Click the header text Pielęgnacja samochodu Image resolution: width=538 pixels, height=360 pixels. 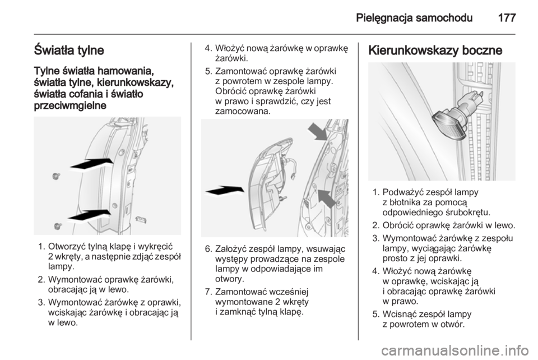coord(414,18)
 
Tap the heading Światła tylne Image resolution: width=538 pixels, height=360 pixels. coord(69,50)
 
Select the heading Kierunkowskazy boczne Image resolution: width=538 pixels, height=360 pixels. coord(435,50)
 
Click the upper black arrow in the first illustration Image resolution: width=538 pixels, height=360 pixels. coord(91,164)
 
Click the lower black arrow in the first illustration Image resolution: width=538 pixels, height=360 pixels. coord(89,215)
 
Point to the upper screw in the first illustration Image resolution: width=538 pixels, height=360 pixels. coord(56,177)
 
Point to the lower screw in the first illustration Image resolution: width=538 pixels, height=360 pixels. coord(58,227)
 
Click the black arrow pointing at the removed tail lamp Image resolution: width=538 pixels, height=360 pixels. coord(225,191)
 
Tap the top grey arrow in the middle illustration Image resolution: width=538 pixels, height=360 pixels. coord(318,132)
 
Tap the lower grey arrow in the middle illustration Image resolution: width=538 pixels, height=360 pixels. coord(326,199)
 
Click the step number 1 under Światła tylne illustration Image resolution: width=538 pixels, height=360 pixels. coord(41,246)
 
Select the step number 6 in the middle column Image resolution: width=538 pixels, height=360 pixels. coord(208,248)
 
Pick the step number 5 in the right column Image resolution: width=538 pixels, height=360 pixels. coord(375,315)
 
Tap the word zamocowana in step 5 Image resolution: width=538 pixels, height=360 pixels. coord(243,112)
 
